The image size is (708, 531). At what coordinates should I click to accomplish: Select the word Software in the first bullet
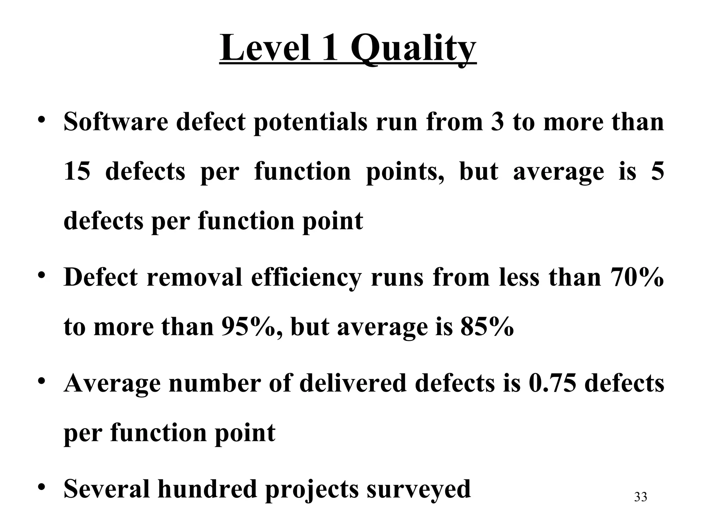coord(116,122)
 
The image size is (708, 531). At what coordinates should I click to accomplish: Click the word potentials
coord(310,122)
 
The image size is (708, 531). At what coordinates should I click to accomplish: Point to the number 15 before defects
coord(77,172)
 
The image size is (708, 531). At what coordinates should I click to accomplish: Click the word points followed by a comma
coord(405,172)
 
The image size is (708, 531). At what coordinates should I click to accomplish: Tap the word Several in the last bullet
coord(107,489)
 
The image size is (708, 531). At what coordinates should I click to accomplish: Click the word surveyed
coord(419,489)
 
